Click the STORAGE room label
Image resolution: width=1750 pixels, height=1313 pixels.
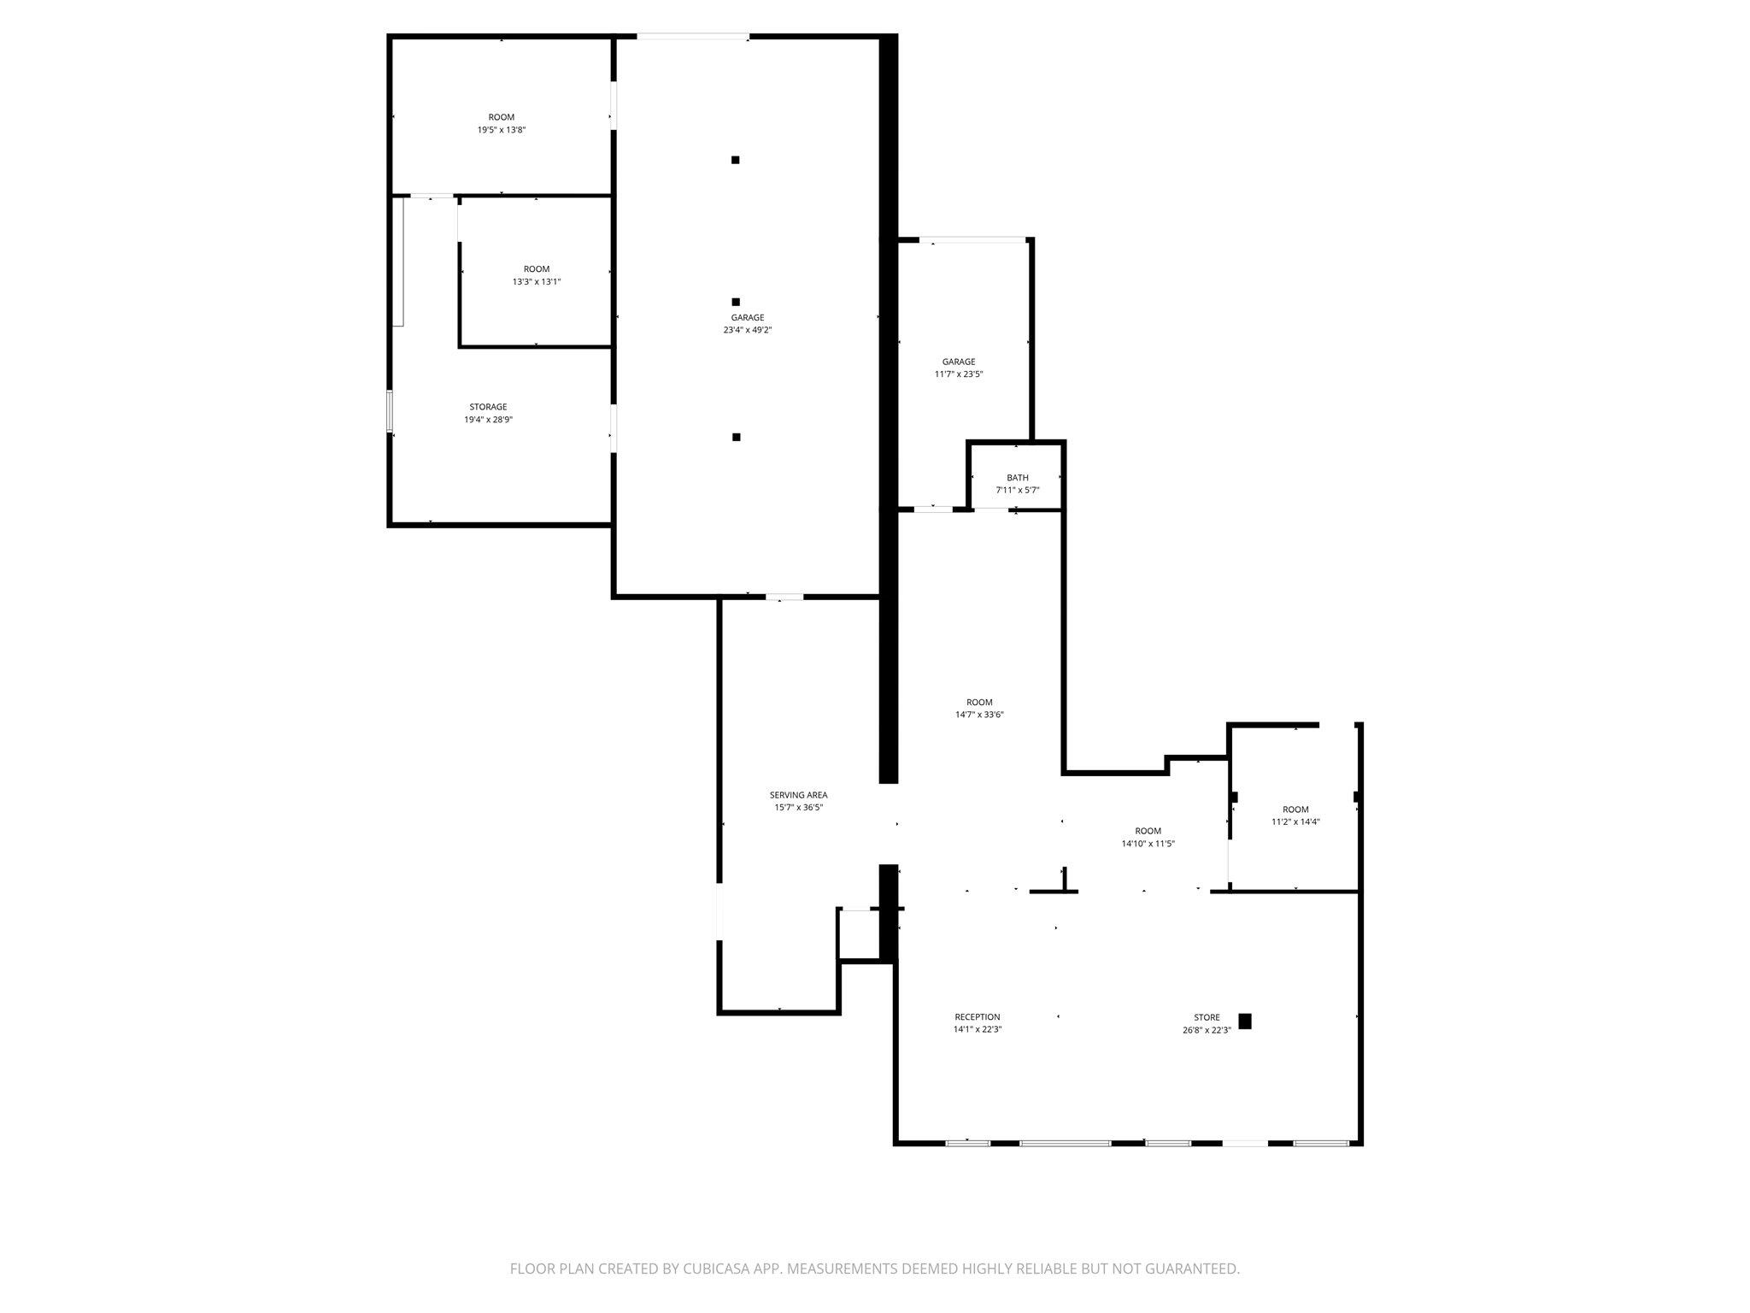(x=488, y=407)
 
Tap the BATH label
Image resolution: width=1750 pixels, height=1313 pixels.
(x=1018, y=478)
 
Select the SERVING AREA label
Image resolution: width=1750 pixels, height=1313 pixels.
(x=798, y=795)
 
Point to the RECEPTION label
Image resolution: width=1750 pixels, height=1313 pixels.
(x=978, y=1017)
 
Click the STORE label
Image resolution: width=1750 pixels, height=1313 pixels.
(x=1207, y=1017)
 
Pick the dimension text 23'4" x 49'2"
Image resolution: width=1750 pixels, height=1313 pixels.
(x=748, y=330)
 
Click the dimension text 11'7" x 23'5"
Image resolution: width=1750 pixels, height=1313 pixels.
(x=959, y=374)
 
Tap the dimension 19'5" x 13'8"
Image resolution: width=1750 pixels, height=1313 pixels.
(x=502, y=130)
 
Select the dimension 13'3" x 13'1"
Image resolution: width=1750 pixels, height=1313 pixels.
(x=537, y=282)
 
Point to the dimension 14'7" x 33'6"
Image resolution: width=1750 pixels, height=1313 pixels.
(x=979, y=715)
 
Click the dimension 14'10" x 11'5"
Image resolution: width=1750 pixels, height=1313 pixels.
(x=1148, y=844)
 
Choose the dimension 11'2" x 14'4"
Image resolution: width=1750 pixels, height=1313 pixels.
(x=1295, y=822)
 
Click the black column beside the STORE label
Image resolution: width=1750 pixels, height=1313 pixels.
(x=1245, y=1021)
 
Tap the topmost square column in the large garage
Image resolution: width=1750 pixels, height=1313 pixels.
(x=736, y=160)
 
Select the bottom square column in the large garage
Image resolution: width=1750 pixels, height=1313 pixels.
(x=737, y=438)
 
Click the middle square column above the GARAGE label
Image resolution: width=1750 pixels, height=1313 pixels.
(x=736, y=302)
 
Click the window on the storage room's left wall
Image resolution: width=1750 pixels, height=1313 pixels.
(x=390, y=412)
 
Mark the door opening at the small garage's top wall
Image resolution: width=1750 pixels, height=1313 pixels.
(x=972, y=239)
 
